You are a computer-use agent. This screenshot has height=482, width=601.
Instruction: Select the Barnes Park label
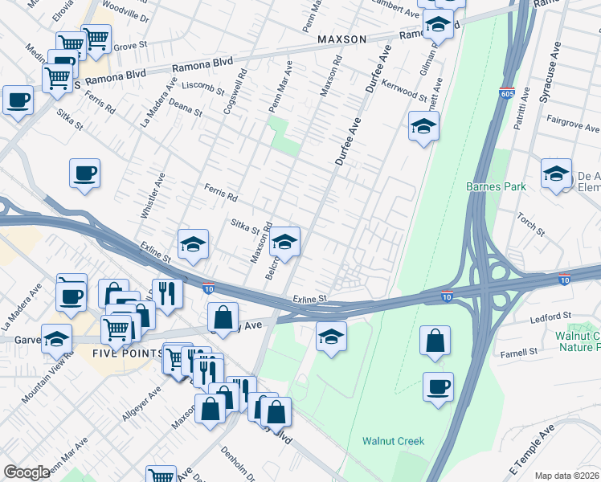point(496,186)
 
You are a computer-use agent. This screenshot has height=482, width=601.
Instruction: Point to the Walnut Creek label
point(392,440)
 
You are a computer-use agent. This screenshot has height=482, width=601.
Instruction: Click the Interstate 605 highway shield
point(506,93)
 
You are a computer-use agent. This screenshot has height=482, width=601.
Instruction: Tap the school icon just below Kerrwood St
point(423,126)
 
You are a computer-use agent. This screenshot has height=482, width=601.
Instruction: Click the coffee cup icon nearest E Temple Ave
point(438,387)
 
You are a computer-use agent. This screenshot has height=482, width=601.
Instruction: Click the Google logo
point(27,472)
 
